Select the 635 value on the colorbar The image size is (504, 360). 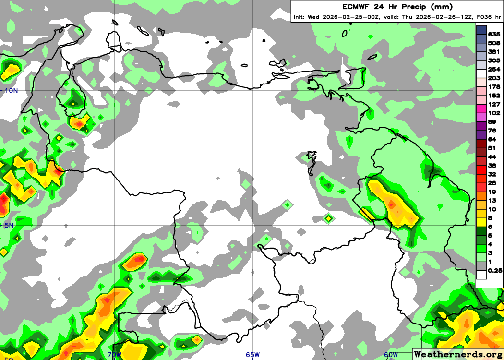click(x=494, y=34)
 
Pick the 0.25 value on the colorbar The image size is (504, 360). click(x=495, y=270)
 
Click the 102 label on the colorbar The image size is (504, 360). click(x=494, y=113)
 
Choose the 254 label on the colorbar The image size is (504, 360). click(x=494, y=69)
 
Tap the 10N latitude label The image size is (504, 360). click(x=12, y=91)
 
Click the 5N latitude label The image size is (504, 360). click(x=9, y=225)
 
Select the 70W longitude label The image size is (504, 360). click(x=115, y=355)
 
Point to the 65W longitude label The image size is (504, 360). click(x=253, y=355)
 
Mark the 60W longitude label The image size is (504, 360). click(x=391, y=355)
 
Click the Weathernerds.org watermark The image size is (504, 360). click(x=458, y=354)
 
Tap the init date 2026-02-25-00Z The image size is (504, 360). click(x=350, y=17)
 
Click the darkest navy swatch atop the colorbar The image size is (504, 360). click(x=481, y=30)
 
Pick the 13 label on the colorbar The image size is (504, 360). click(x=492, y=200)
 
